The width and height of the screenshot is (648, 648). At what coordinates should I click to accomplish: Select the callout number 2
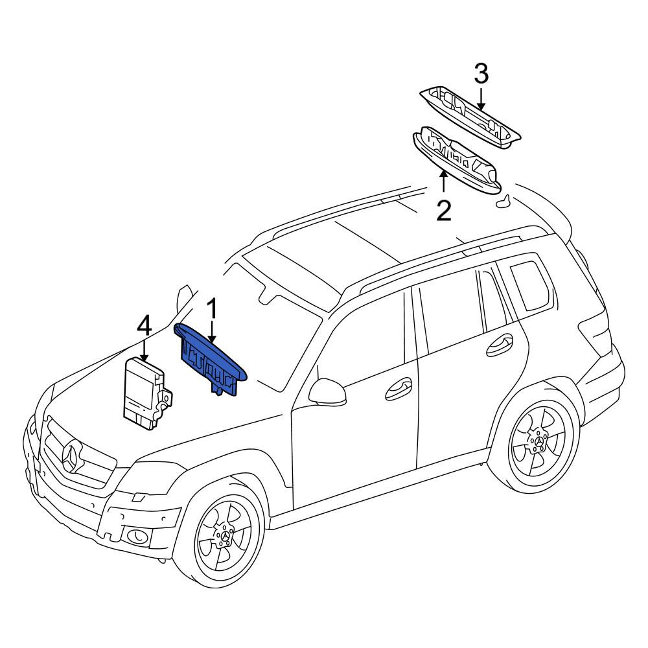click(x=444, y=210)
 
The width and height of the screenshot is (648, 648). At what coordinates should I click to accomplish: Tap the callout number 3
click(x=481, y=75)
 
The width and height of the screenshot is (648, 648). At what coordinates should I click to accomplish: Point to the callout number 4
click(x=145, y=326)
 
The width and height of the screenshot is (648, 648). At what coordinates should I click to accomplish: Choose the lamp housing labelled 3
click(x=470, y=117)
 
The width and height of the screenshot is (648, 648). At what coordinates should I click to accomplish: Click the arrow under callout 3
click(x=481, y=98)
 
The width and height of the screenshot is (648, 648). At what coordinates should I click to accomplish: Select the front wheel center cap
click(x=226, y=536)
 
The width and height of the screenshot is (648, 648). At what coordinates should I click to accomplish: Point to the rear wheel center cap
click(x=540, y=442)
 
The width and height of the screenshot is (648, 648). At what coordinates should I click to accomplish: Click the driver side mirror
click(x=327, y=391)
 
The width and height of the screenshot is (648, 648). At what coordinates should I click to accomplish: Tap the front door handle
click(x=399, y=389)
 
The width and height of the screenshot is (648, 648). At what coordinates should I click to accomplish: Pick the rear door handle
click(x=500, y=345)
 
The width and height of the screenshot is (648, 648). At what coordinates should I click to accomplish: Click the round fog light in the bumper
click(x=136, y=537)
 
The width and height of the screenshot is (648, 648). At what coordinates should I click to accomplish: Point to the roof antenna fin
click(x=502, y=202)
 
